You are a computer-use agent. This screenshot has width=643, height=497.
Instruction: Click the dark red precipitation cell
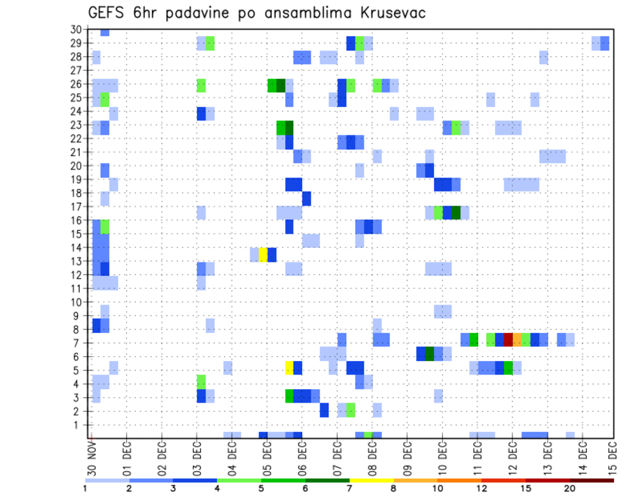pyautogui.click(x=508, y=340)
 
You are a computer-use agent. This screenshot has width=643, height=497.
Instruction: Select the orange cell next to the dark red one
pyautogui.click(x=517, y=340)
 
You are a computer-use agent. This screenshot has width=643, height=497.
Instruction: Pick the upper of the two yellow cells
pyautogui.click(x=263, y=255)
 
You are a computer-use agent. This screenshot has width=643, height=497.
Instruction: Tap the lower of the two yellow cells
pyautogui.click(x=289, y=368)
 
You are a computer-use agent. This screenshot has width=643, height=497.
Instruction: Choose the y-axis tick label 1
pyautogui.click(x=78, y=425)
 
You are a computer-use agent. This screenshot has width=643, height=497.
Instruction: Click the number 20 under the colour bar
pyautogui.click(x=569, y=488)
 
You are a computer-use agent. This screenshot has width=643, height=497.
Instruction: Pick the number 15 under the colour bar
pyautogui.click(x=526, y=488)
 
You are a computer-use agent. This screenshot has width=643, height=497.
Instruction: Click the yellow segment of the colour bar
pyautogui.click(x=371, y=480)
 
